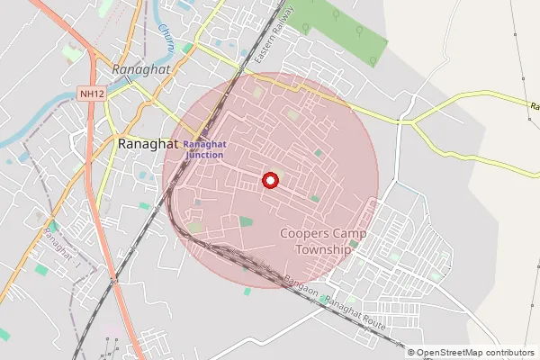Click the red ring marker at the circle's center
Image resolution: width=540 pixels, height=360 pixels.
click(x=269, y=180)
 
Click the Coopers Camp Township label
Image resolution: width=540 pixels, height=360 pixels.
click(x=322, y=241)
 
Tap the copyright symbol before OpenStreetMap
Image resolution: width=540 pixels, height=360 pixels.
click(x=411, y=352)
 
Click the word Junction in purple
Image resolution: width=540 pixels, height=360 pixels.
click(x=205, y=155)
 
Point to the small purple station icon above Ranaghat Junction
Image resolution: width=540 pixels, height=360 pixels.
click(x=204, y=133)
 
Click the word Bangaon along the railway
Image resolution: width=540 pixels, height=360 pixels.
click(x=301, y=287)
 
